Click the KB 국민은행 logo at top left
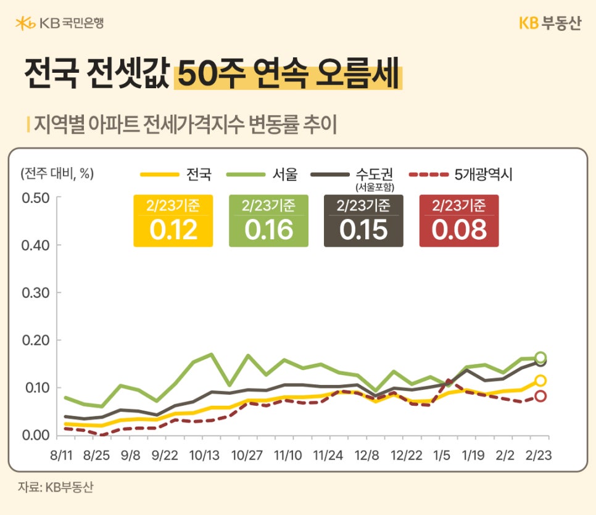point(59,23)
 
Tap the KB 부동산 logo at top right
point(549,23)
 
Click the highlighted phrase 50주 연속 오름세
point(288,76)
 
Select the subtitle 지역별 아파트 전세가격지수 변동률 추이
point(185,124)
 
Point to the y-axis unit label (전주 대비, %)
point(57,173)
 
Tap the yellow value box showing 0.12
point(173,221)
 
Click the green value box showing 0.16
point(268,221)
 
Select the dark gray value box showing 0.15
point(363,221)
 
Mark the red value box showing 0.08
point(459,221)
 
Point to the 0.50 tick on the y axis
point(35,198)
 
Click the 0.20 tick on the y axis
point(35,340)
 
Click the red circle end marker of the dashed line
point(540,396)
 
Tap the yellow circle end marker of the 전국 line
point(540,381)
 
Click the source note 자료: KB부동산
point(56,487)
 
